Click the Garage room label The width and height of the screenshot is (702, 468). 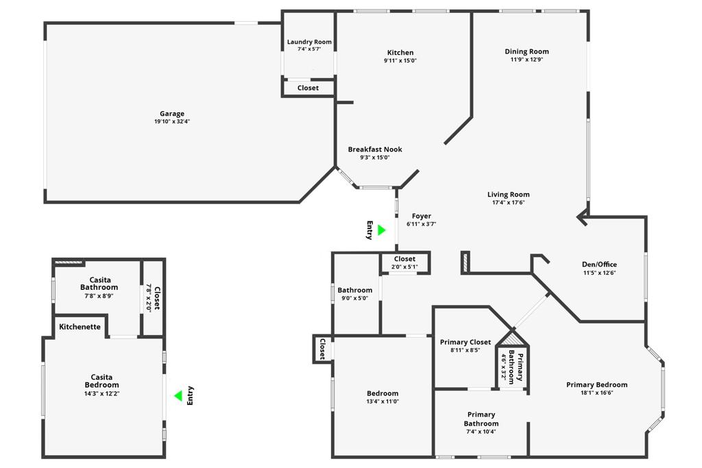point(172,114)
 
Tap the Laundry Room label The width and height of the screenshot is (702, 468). point(309,42)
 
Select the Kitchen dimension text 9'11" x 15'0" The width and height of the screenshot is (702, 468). point(400,61)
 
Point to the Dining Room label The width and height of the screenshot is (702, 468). point(526,51)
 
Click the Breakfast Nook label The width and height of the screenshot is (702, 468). point(375,149)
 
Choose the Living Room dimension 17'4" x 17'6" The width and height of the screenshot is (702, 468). point(508,203)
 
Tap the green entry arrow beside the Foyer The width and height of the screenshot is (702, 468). point(381,230)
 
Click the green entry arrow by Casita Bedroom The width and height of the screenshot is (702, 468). point(178,395)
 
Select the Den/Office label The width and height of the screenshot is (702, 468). point(599,264)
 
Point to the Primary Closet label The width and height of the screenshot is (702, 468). point(465,342)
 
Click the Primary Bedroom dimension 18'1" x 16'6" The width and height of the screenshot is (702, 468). point(596,393)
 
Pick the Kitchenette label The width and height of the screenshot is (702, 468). point(80,327)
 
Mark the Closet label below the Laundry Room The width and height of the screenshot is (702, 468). point(308,88)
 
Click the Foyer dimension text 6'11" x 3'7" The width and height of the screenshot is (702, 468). point(421,224)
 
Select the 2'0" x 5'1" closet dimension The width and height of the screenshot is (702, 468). point(404,267)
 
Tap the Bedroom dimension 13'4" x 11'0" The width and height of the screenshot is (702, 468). point(383,402)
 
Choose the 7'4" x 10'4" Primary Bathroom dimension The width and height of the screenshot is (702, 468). point(481,432)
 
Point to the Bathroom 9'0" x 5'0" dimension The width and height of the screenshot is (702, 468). point(354,298)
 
